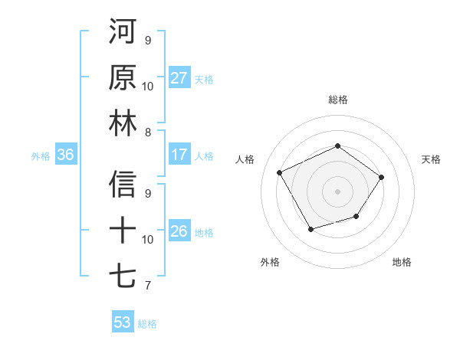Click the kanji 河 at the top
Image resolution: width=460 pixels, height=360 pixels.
click(x=123, y=32)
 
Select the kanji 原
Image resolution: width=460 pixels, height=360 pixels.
click(x=123, y=77)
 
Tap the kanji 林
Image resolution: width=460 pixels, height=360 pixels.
click(x=123, y=123)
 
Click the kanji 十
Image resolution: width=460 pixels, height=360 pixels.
click(x=123, y=231)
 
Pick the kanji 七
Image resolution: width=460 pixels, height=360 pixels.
click(x=123, y=277)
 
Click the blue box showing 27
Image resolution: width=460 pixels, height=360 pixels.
click(x=179, y=78)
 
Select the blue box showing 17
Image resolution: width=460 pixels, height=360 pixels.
click(x=179, y=155)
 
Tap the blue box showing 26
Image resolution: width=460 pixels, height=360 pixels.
click(x=179, y=231)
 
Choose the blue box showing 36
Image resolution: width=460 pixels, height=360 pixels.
click(x=65, y=155)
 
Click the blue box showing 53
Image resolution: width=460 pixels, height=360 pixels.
click(x=122, y=322)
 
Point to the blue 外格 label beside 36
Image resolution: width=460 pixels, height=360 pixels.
click(x=41, y=155)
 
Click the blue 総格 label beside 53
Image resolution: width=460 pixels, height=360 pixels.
click(x=147, y=323)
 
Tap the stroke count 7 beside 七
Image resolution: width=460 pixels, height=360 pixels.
click(x=148, y=286)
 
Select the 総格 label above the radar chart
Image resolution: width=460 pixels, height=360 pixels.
click(x=337, y=100)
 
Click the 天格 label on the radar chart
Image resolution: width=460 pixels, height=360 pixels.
click(x=431, y=159)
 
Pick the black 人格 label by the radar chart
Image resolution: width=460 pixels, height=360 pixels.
click(x=245, y=159)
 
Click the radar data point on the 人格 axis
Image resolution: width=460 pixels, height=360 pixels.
click(x=280, y=172)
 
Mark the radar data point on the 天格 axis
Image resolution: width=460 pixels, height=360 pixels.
click(x=382, y=177)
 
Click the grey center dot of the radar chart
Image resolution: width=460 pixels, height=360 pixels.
click(x=337, y=191)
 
